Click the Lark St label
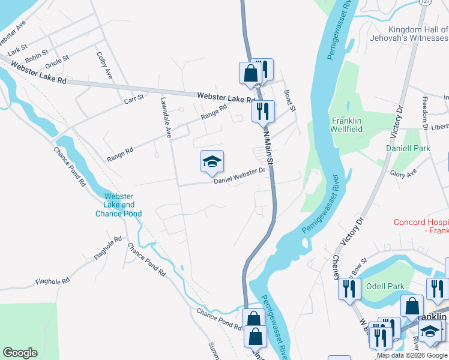[17, 47]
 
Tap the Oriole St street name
[58, 62]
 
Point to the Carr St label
[134, 97]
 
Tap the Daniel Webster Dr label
[240, 175]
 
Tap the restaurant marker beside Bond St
[262, 110]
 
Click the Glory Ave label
[403, 173]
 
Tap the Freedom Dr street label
[424, 113]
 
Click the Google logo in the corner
[20, 353]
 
